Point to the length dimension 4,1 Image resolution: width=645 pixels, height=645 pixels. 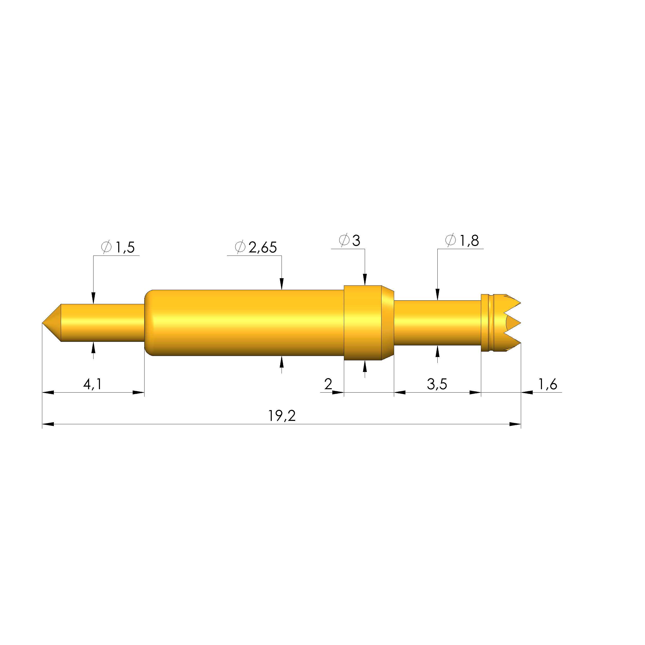[92, 384]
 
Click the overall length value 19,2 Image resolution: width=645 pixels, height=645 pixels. [282, 416]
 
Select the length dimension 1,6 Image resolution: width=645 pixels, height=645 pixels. [548, 384]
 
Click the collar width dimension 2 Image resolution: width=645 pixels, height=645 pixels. [328, 384]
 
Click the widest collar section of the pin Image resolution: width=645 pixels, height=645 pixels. [363, 323]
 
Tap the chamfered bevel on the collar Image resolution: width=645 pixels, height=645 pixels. [388, 323]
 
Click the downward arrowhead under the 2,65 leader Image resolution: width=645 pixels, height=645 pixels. [282, 284]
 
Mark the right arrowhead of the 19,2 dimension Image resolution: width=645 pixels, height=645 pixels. [515, 424]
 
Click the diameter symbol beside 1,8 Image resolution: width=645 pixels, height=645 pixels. [450, 240]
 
